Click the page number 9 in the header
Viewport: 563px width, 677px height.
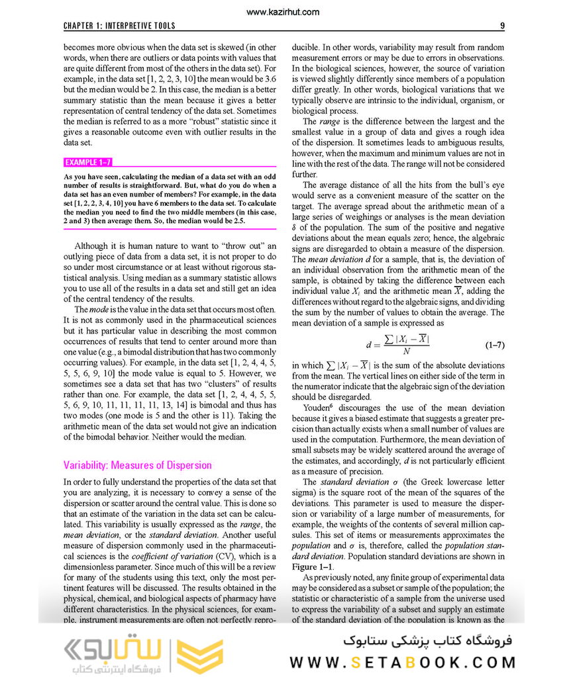pos(503,26)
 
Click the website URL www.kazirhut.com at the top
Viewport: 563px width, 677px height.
pos(281,12)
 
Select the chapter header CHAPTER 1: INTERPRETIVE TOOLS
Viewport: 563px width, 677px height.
pos(119,26)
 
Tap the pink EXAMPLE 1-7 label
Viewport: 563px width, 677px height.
pos(88,161)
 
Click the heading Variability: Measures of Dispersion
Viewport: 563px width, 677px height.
pos(137,465)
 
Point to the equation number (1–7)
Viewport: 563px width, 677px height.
pos(495,345)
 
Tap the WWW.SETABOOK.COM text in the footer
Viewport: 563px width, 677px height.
pos(402,662)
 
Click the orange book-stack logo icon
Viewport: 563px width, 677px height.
pos(202,656)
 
